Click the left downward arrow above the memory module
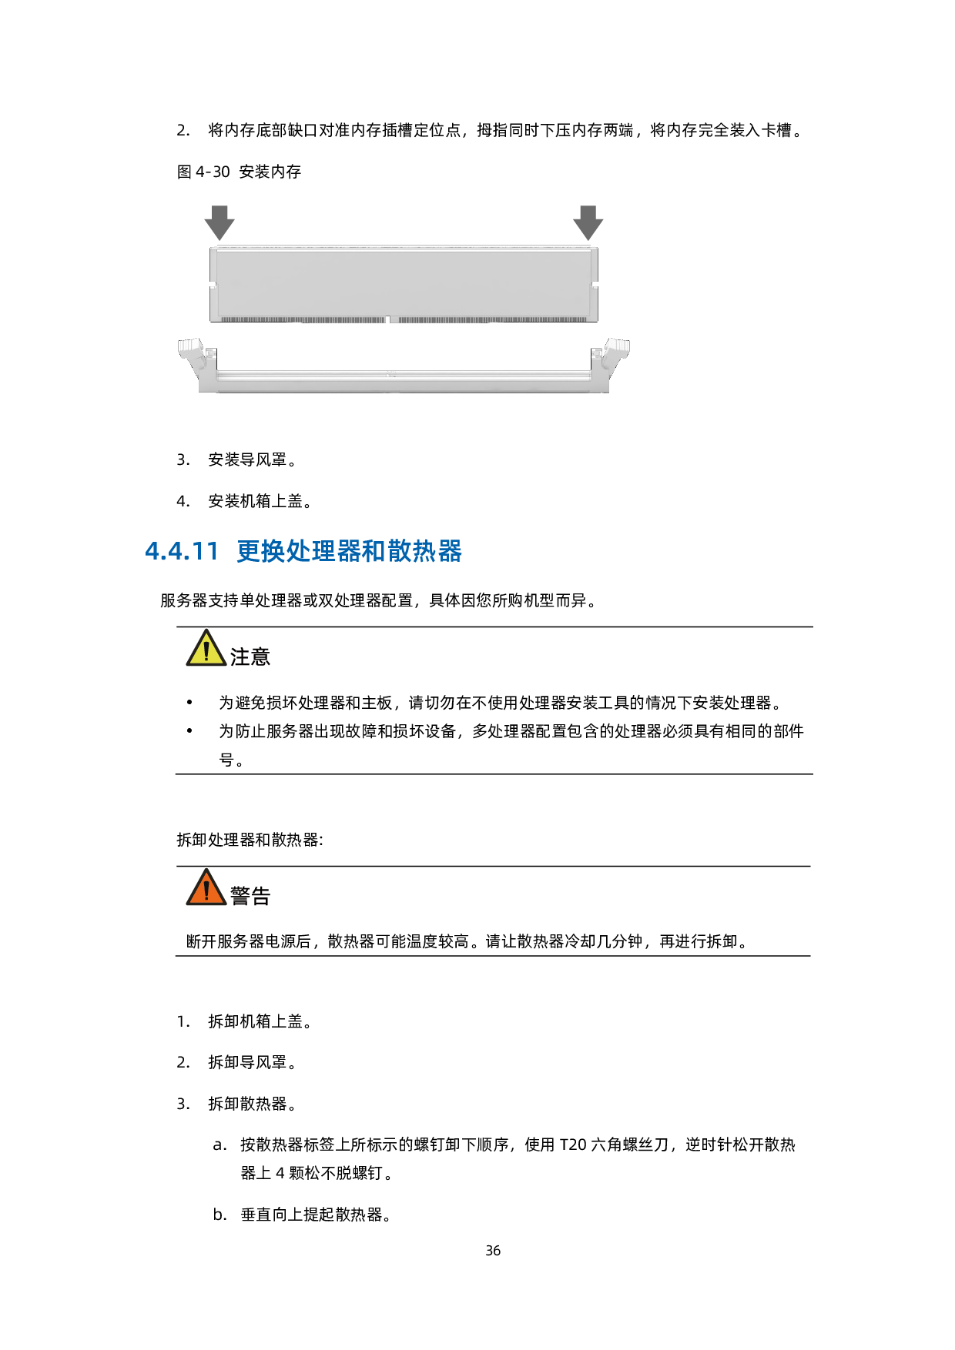pyautogui.click(x=219, y=222)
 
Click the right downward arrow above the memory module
pyautogui.click(x=588, y=222)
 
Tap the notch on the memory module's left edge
pyautogui.click(x=214, y=284)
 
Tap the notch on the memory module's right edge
pyautogui.click(x=594, y=284)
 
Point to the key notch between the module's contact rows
pyautogui.click(x=388, y=319)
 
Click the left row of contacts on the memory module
pyautogui.click(x=302, y=319)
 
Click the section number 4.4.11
pyautogui.click(x=182, y=551)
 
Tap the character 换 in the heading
pyautogui.click(x=273, y=551)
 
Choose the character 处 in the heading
pyautogui.click(x=299, y=551)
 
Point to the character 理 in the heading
pyautogui.click(x=324, y=551)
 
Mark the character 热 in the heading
pyautogui.click(x=424, y=551)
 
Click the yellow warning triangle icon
pyautogui.click(x=206, y=649)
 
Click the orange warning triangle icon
pyautogui.click(x=206, y=888)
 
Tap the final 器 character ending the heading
pyautogui.click(x=450, y=551)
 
